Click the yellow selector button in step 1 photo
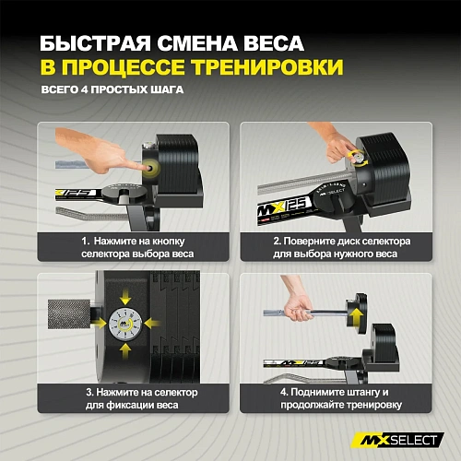(148, 171)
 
